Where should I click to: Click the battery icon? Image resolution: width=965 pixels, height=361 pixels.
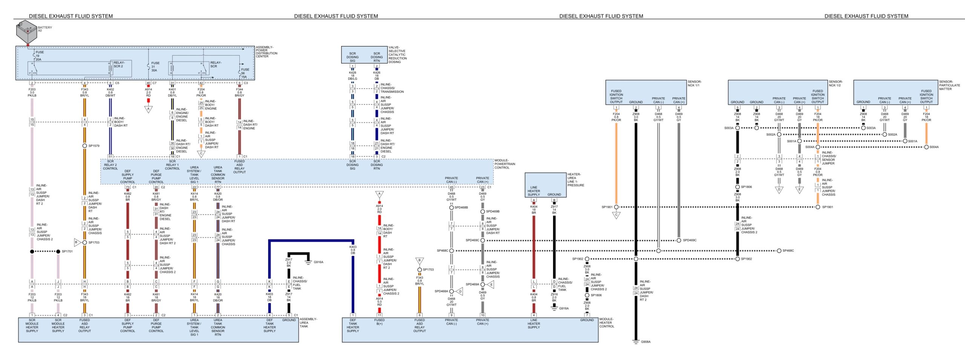[x=26, y=32]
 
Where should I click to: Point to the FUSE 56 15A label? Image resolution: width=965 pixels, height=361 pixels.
[x=245, y=73]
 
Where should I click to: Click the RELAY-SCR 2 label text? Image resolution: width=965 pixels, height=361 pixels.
[x=119, y=65]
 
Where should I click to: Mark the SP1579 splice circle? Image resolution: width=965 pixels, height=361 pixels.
[x=84, y=146]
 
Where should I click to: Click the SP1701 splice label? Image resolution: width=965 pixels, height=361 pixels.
[x=67, y=251]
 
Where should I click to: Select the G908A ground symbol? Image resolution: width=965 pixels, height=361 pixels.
[x=636, y=341]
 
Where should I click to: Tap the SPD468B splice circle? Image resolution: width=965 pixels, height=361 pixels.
[x=451, y=207]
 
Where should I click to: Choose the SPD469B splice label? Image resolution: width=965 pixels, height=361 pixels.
[x=493, y=212]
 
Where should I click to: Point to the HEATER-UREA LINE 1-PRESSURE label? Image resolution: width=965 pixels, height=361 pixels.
[x=576, y=180]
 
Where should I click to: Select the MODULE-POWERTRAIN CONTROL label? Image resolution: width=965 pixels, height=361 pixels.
[x=504, y=164]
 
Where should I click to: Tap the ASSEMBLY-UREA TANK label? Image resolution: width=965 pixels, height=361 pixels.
[x=308, y=323]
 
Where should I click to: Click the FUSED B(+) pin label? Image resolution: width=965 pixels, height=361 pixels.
[x=379, y=322]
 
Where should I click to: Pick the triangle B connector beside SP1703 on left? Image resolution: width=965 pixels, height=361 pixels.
[x=77, y=242]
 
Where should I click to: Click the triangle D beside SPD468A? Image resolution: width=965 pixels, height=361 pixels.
[x=460, y=291]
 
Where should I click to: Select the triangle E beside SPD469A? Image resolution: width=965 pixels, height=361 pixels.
[x=490, y=284]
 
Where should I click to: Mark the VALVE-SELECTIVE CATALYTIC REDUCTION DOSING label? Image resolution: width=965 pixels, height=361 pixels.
[x=397, y=55]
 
